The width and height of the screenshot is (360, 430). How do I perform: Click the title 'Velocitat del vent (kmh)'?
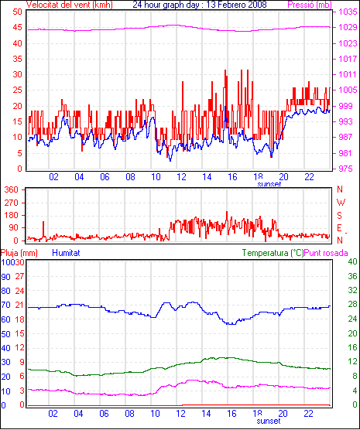(x=69, y=5)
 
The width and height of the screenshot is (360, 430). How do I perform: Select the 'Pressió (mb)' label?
(x=310, y=5)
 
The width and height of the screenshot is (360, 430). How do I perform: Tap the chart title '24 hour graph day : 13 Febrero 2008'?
(x=200, y=5)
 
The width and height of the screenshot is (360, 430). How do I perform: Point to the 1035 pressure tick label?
(x=348, y=12)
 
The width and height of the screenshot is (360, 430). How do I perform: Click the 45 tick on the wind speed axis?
(x=17, y=27)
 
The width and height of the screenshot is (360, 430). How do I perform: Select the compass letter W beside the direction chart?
(x=341, y=203)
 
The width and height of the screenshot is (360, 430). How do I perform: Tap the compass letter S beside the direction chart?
(x=340, y=216)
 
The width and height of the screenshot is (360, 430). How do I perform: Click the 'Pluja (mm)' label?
(x=19, y=253)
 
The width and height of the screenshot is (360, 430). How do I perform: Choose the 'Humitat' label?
(x=66, y=253)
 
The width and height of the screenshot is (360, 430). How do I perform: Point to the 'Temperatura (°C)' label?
(x=273, y=253)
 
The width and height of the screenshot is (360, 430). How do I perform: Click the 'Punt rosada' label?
(x=326, y=253)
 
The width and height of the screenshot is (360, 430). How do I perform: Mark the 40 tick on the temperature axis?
(x=352, y=261)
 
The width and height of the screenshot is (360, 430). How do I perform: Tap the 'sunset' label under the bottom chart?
(x=269, y=421)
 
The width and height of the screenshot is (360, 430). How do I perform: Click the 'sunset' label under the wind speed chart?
(x=269, y=184)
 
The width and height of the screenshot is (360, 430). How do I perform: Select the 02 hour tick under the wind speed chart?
(x=54, y=177)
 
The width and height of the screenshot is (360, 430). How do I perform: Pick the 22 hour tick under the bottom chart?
(x=309, y=413)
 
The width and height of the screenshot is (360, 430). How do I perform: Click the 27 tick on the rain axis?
(x=19, y=276)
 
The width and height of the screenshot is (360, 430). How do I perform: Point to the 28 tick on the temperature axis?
(x=352, y=304)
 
